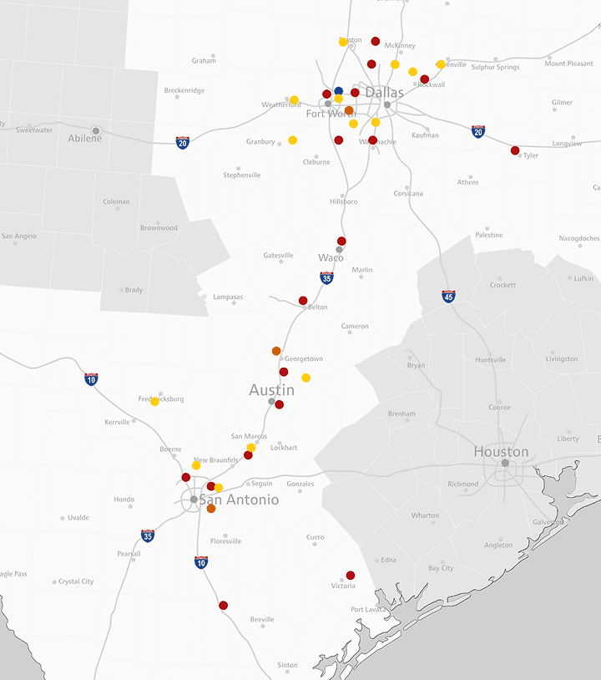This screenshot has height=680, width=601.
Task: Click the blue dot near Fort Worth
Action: click(338, 90)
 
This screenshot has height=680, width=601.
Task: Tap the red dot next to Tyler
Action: click(515, 150)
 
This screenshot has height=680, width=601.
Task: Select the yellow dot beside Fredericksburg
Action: click(154, 402)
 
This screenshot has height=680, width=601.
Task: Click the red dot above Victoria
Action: click(351, 575)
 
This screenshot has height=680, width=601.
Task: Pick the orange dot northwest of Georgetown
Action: click(276, 351)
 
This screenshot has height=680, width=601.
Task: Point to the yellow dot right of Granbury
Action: click(292, 140)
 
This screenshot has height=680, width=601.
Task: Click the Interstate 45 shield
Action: click(448, 297)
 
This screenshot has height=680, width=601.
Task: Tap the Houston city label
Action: click(501, 452)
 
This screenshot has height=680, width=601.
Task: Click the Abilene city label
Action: click(85, 139)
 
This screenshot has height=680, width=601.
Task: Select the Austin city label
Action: click(271, 390)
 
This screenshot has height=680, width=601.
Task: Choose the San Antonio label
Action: click(239, 500)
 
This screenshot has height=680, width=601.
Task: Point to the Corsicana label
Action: click(408, 194)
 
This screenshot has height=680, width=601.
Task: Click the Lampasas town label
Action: click(228, 297)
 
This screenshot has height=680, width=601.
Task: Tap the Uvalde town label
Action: click(78, 518)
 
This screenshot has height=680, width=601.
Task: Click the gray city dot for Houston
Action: click(505, 463)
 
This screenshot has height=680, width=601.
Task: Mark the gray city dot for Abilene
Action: click(96, 130)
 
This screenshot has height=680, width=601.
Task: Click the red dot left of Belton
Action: click(303, 300)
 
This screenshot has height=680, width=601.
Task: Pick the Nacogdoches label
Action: click(579, 238)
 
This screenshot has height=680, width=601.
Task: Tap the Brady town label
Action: click(134, 291)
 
